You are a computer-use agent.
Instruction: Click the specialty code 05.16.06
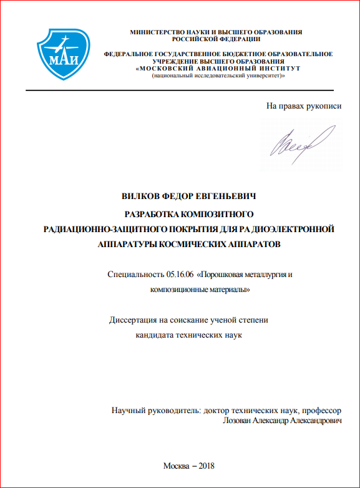coord(181,275)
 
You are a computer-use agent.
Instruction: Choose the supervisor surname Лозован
coord(238,421)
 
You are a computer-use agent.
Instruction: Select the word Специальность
coord(136,275)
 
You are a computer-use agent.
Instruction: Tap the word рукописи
coord(324,106)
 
